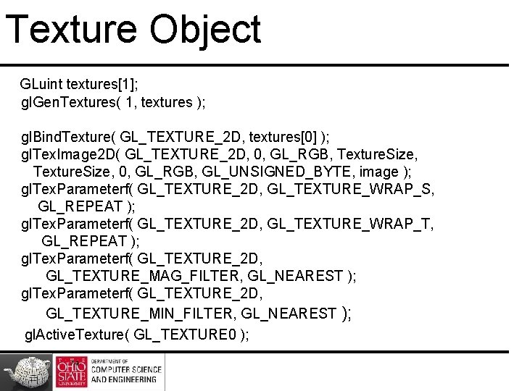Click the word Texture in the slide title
coord(70,30)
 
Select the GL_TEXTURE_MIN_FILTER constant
coord(140,314)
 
